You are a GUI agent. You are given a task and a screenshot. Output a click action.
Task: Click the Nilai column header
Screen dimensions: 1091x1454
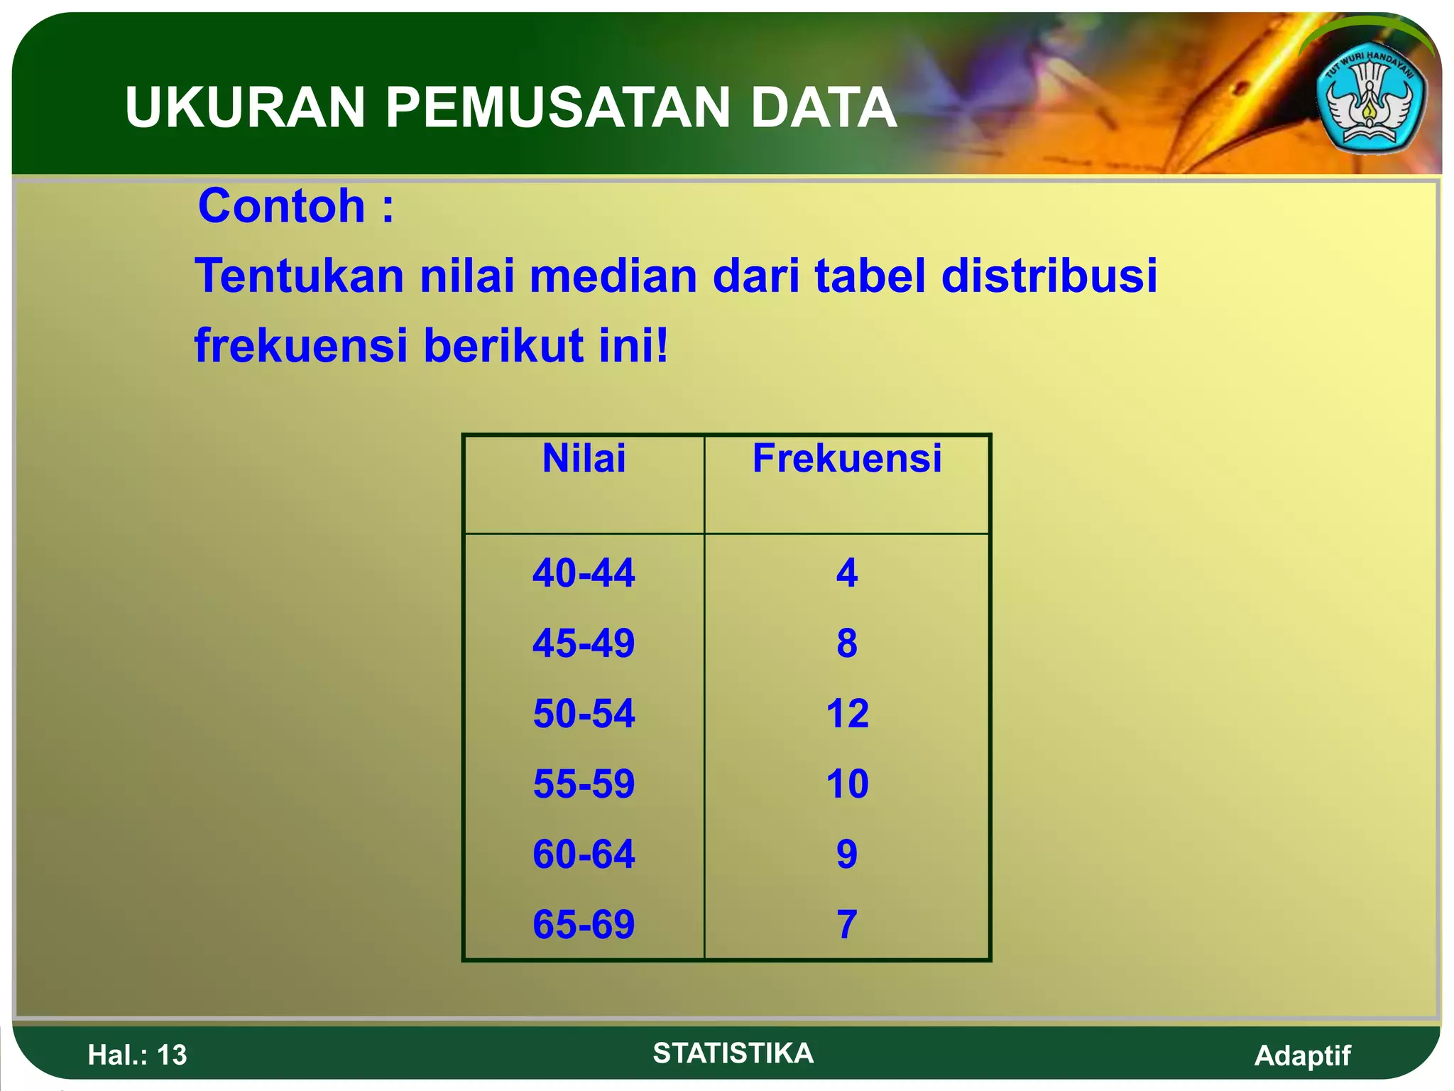[584, 458]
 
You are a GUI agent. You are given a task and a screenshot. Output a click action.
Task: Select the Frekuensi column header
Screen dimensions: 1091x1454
[847, 458]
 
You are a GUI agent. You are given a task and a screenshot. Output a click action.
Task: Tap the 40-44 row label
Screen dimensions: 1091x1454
[584, 572]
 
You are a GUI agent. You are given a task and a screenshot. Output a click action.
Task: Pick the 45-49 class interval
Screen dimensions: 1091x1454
[584, 643]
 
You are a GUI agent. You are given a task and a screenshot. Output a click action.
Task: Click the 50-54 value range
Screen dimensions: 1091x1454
[584, 713]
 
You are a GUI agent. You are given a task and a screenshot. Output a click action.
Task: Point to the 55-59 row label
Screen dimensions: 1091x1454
[584, 783]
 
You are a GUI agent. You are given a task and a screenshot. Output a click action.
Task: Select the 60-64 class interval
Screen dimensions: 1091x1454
[584, 854]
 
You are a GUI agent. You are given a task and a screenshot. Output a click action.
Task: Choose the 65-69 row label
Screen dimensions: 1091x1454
[584, 924]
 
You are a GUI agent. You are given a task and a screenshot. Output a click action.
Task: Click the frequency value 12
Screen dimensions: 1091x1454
[847, 713]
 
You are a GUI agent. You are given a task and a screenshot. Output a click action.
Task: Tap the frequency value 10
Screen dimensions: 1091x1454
[847, 783]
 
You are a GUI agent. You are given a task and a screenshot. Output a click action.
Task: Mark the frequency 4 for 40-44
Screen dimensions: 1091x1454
[847, 572]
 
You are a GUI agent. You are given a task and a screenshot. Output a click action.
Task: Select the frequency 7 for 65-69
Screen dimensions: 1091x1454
[847, 924]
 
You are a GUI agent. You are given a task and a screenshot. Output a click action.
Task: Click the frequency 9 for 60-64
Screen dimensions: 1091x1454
[847, 854]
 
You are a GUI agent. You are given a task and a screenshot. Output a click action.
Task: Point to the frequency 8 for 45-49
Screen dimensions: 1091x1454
[847, 643]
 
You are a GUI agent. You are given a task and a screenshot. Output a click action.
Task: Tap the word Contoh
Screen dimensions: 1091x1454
[282, 206]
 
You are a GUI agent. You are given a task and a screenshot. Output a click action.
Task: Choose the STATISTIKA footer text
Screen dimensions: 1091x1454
[733, 1053]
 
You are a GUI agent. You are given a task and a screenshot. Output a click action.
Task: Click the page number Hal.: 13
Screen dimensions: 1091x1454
[137, 1055]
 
